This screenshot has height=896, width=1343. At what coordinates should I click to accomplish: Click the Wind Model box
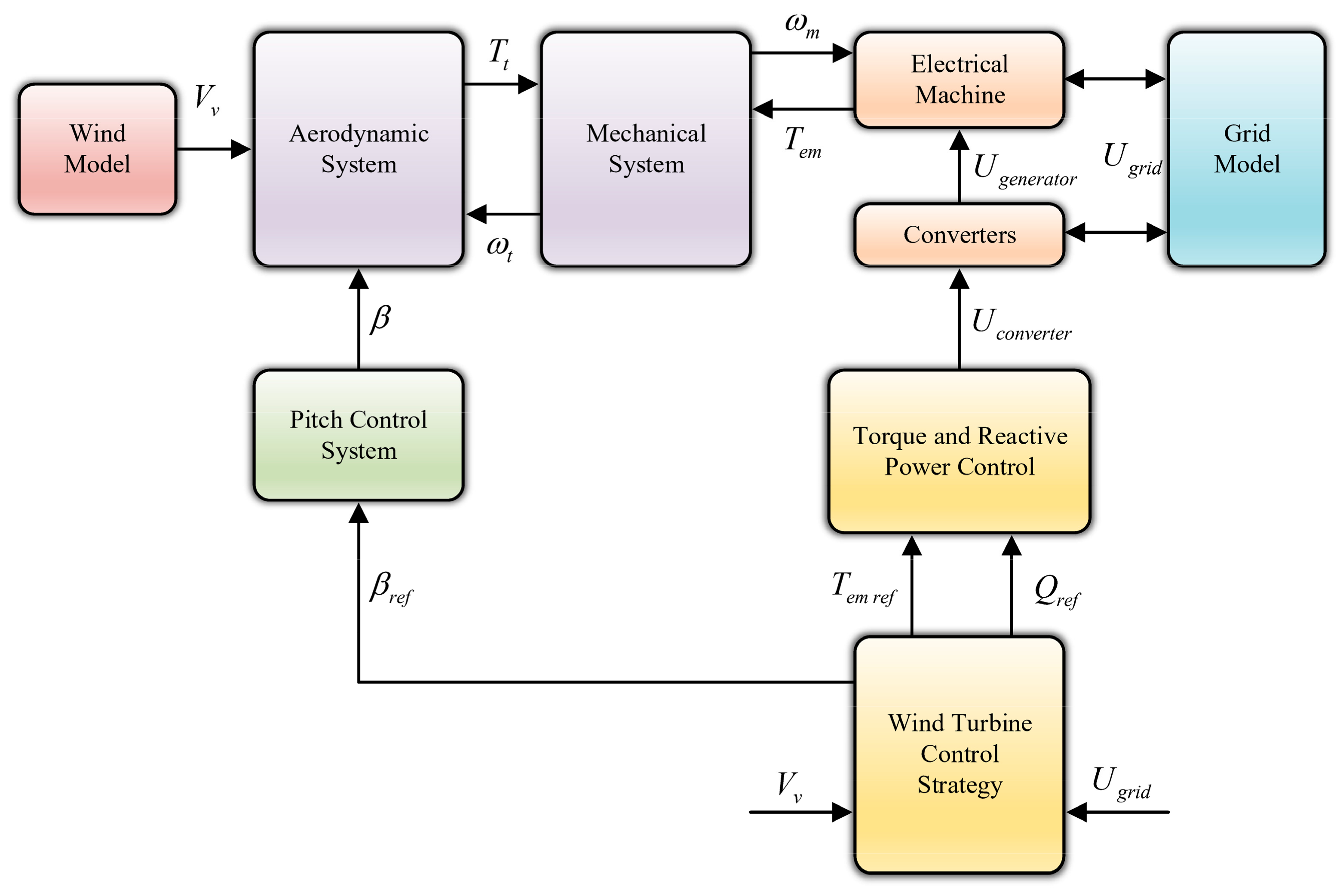[97, 149]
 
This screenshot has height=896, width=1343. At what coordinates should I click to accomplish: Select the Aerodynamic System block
[358, 149]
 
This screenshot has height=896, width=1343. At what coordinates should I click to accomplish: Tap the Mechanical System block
[646, 149]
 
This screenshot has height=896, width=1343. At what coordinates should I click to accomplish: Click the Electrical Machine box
[959, 80]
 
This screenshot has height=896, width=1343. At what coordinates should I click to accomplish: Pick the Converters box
[959, 235]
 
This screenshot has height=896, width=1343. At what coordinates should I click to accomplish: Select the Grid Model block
[1246, 149]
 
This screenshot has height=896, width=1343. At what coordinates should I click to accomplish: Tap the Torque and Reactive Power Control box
[959, 451]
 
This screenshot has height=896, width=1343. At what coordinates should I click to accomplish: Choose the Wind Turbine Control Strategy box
[959, 754]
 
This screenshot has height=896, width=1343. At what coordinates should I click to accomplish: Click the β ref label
[391, 589]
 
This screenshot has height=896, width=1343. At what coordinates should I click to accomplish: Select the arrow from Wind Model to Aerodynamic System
[214, 149]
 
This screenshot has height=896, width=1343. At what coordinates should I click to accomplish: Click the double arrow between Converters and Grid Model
[1115, 233]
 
